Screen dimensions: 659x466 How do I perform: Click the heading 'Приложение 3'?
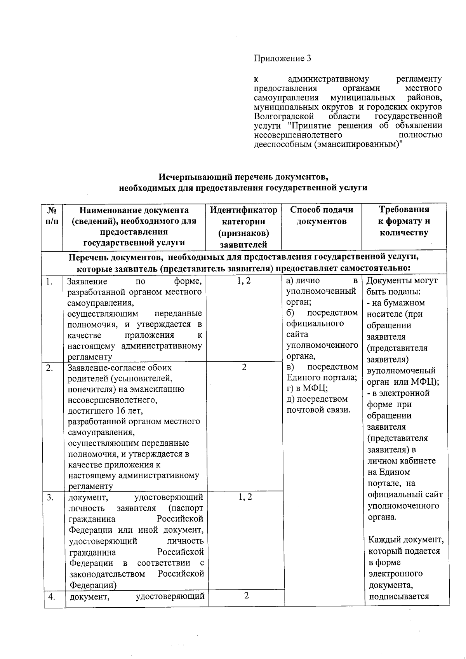click(x=282, y=58)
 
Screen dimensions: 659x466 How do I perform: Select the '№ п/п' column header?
click(x=52, y=216)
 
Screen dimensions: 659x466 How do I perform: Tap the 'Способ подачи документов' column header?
click(x=322, y=215)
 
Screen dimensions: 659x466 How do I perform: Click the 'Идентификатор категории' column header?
click(x=243, y=227)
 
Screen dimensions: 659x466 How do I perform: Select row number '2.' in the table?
click(x=50, y=368)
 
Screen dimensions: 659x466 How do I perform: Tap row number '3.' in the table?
click(x=50, y=497)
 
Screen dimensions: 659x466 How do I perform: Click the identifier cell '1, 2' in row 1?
click(x=244, y=281)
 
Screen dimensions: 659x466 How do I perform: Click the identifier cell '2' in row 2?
click(x=244, y=367)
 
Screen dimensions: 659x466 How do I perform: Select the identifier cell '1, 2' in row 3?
click(x=245, y=497)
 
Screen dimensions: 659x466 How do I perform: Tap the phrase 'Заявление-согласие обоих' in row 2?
click(x=120, y=368)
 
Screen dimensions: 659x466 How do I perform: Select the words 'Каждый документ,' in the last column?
click(x=405, y=540)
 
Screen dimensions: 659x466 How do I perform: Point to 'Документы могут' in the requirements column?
click(x=402, y=281)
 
